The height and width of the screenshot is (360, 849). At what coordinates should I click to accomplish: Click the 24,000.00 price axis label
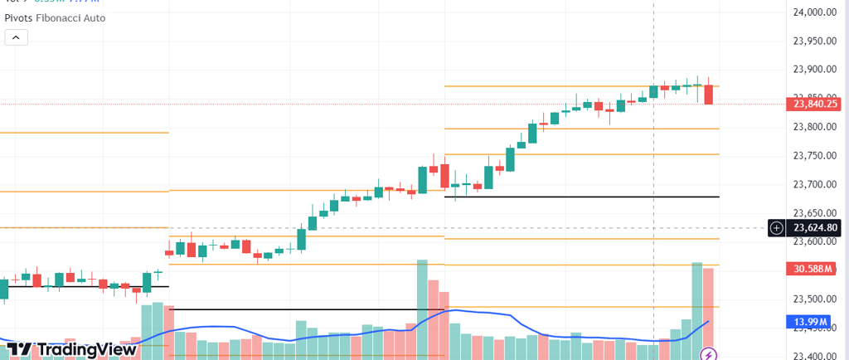coord(813,12)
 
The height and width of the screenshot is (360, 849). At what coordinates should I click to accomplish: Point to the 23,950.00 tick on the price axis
coord(813,41)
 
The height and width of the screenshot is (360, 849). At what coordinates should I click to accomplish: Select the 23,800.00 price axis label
coord(813,127)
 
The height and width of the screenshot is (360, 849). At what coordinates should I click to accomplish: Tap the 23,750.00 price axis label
coord(813,156)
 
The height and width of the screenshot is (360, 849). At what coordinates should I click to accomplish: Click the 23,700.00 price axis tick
coord(813,184)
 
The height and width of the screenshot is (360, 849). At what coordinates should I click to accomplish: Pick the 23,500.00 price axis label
coord(813,299)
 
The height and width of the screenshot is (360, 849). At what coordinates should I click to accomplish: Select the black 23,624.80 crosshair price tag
coord(816,227)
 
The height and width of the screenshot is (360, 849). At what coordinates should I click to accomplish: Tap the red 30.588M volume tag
coord(812,268)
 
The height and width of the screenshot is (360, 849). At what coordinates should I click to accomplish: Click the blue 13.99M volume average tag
coord(812,321)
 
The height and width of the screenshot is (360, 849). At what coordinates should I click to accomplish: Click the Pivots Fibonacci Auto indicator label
coord(55,17)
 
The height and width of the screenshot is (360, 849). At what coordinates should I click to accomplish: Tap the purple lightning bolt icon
coord(709,354)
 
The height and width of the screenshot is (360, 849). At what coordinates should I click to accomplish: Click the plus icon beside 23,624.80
coord(776,227)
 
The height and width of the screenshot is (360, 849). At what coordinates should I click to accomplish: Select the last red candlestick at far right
coord(709,94)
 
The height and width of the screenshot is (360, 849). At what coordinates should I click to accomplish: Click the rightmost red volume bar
coord(709,312)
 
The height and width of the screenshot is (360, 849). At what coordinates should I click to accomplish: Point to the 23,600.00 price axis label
coord(813,241)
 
